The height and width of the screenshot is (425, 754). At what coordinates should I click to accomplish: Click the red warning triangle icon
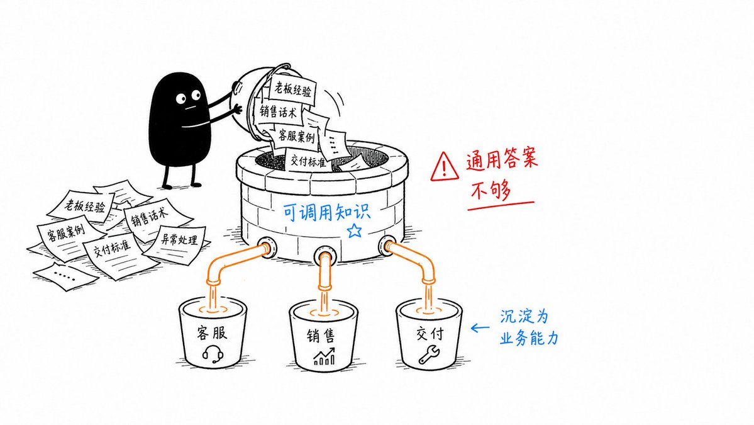pyautogui.click(x=444, y=166)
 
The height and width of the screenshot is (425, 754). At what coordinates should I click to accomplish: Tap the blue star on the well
pyautogui.click(x=355, y=230)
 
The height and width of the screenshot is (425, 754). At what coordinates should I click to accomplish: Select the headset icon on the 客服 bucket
pyautogui.click(x=213, y=354)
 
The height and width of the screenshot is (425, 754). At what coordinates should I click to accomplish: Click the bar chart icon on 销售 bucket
pyautogui.click(x=324, y=356)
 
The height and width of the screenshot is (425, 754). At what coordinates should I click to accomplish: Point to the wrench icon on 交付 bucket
pyautogui.click(x=429, y=354)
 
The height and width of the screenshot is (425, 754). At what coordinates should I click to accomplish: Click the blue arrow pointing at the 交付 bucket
pyautogui.click(x=479, y=328)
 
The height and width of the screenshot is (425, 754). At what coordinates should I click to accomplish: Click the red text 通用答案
pyautogui.click(x=502, y=159)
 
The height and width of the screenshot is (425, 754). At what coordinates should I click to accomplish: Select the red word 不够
pyautogui.click(x=491, y=191)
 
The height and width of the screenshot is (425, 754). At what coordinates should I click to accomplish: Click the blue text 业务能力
pyautogui.click(x=529, y=338)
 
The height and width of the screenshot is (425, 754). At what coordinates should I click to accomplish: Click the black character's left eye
pyautogui.click(x=181, y=99)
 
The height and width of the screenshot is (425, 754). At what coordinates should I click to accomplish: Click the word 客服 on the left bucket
pyautogui.click(x=212, y=332)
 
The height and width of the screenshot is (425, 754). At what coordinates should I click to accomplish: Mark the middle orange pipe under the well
pyautogui.click(x=324, y=272)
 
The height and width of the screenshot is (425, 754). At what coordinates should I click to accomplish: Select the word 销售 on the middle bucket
pyautogui.click(x=321, y=335)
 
